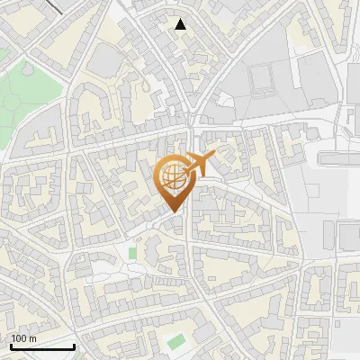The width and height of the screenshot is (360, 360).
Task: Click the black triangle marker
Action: [181, 24]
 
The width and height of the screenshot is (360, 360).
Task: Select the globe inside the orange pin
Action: [172, 177]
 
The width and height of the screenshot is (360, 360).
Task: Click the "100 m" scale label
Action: [23, 338]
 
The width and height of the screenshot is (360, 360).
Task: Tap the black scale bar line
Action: [42, 346]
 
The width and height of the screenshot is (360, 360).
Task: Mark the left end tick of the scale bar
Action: [11, 345]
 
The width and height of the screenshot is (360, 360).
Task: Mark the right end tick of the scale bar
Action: [74, 345]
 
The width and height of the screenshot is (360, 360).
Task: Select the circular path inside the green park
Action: [11, 102]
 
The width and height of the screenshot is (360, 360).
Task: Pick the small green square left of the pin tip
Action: [133, 253]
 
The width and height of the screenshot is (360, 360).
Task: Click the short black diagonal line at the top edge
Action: [53, 6]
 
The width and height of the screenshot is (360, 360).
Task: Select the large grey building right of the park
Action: [105, 61]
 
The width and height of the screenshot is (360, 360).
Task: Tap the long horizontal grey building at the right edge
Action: [338, 158]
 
